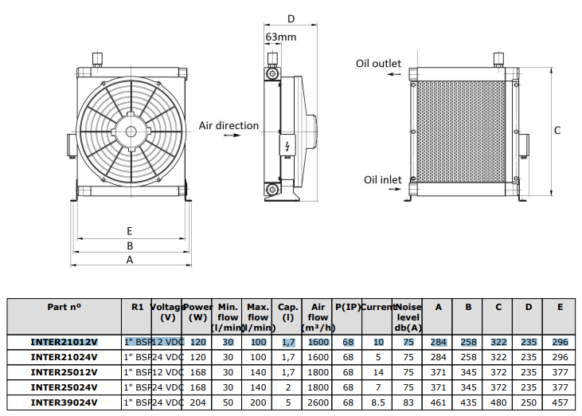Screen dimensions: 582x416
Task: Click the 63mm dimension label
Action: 281,37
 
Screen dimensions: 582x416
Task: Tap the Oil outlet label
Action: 378,64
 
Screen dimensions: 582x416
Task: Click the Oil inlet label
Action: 382,180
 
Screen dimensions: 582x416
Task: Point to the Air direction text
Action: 229,126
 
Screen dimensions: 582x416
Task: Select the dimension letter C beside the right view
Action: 557,131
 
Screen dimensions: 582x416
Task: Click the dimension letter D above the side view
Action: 291,19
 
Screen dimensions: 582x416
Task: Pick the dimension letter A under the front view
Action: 130,260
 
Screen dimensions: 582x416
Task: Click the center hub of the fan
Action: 131,131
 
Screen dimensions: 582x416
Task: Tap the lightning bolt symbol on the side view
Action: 287,147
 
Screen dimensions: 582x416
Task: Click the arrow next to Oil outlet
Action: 394,74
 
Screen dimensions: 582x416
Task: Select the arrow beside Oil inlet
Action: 395,189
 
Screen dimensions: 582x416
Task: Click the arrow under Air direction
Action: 232,135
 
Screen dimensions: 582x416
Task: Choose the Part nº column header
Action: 64,307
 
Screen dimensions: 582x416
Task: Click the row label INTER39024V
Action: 64,402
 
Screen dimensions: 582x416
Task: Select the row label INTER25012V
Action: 64,372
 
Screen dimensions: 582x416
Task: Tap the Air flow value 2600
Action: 318,402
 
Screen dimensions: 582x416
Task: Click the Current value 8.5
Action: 378,402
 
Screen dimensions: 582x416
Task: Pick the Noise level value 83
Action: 408,402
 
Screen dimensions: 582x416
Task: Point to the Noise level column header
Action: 408,317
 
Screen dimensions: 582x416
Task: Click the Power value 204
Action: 197,402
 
